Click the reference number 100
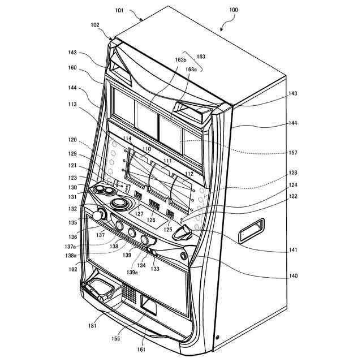pos(233,11)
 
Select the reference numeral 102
pos(94,25)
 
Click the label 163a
pos(191,69)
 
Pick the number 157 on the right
pos(292,153)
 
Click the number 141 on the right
pos(292,249)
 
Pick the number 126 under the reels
pos(151,220)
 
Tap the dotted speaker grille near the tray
pos(130,292)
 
